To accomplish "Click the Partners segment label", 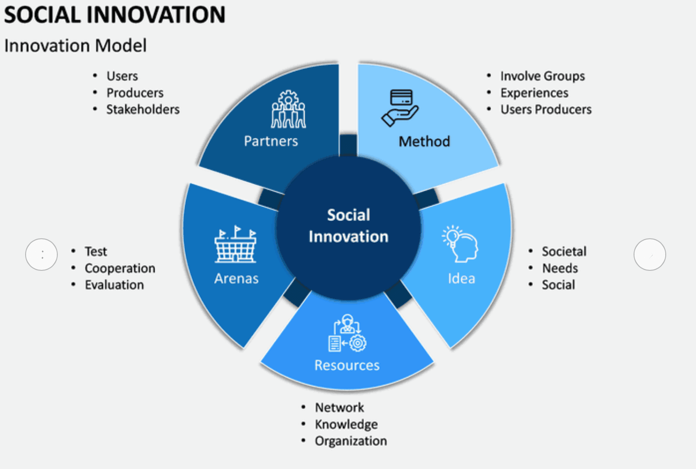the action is (271, 141).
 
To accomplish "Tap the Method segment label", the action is (424, 141).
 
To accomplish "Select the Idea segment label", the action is (461, 278).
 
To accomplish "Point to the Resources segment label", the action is (347, 365).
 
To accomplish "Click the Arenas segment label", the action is (236, 278).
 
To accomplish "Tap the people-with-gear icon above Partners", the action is (288, 109).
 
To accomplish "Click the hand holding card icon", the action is (400, 108).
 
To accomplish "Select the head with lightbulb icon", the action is (460, 244).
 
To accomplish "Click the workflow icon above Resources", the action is (347, 333).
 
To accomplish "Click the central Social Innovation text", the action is (348, 226).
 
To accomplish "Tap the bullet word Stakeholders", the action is (143, 110).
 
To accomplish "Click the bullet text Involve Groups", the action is (542, 76).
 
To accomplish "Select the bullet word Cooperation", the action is (120, 268).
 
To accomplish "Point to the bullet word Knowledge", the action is (346, 424).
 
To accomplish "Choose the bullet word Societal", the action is (564, 251).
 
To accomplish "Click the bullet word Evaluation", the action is (114, 285).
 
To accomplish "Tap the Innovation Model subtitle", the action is (75, 46).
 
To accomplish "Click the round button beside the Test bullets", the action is (41, 255).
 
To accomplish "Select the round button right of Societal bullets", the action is (649, 255).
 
